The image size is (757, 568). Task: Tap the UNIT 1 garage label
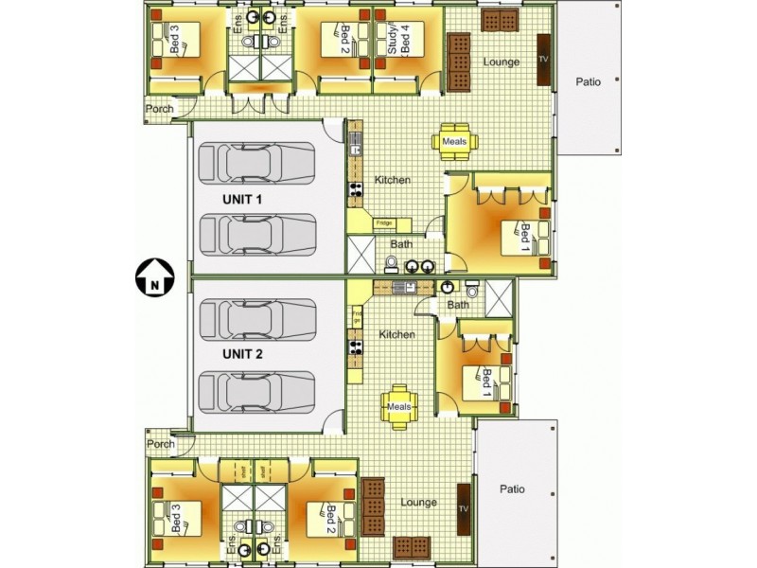[242, 200]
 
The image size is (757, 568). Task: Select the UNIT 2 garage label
[242, 354]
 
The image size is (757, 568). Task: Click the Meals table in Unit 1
[455, 141]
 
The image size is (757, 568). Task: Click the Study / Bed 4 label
[399, 41]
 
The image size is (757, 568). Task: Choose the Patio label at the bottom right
[512, 489]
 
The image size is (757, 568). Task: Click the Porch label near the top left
[159, 109]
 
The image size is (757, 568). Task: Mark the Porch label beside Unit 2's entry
[161, 443]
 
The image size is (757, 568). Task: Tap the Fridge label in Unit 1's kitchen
[383, 223]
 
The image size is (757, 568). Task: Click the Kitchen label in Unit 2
[396, 334]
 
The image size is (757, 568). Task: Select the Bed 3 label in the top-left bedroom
[175, 41]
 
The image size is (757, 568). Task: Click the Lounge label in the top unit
[501, 62]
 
